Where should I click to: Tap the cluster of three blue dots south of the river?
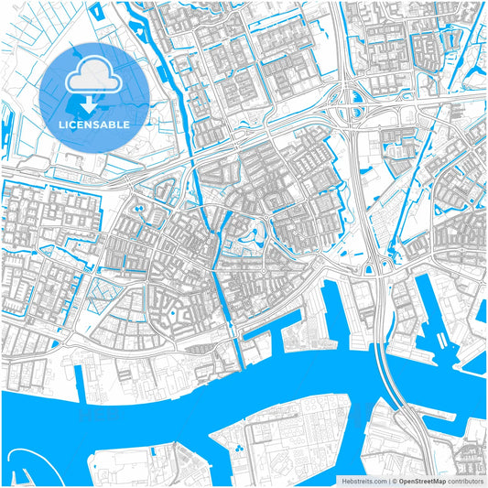238,450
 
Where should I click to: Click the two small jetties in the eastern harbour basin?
442,342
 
